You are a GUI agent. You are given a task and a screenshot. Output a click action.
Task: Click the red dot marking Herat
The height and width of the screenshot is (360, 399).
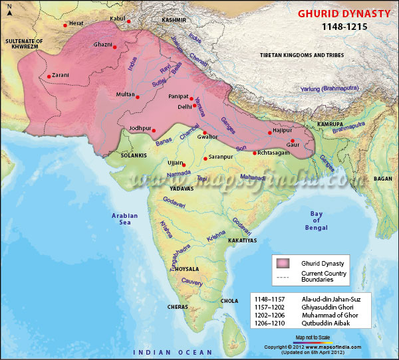tap(65, 25)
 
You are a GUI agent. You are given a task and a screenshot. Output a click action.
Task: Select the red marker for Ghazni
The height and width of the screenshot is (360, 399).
tap(114, 47)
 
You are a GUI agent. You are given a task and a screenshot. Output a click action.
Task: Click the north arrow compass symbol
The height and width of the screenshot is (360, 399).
tap(9, 13)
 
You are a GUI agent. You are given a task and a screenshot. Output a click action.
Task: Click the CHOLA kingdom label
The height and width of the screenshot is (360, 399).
tap(229, 301)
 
